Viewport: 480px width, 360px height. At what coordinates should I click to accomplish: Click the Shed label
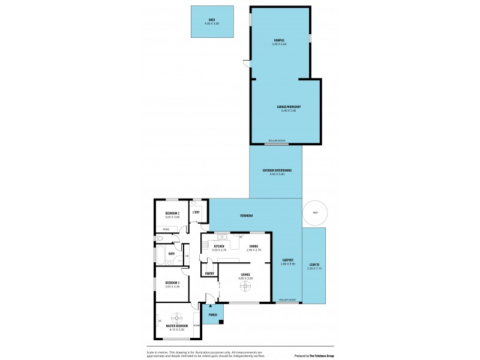click(x=212, y=20)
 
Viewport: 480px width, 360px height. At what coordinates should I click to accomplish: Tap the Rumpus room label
click(x=280, y=41)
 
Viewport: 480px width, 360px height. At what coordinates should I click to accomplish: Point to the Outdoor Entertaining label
click(x=277, y=170)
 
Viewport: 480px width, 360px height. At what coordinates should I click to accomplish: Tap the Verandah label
click(x=247, y=215)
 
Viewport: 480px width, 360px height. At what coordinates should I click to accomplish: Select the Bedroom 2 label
click(x=173, y=212)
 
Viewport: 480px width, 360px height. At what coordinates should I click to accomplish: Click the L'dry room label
click(x=196, y=212)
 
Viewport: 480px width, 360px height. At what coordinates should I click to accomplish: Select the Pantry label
click(x=209, y=273)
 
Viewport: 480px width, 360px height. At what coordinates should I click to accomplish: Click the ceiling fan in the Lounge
click(x=244, y=286)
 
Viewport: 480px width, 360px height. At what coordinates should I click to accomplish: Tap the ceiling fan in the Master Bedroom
click(x=176, y=317)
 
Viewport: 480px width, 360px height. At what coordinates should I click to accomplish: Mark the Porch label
click(x=212, y=314)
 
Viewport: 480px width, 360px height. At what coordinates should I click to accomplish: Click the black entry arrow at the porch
click(x=211, y=306)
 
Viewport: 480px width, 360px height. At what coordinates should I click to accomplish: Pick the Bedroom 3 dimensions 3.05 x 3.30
click(x=173, y=286)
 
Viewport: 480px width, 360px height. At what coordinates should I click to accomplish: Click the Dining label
click(x=254, y=246)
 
